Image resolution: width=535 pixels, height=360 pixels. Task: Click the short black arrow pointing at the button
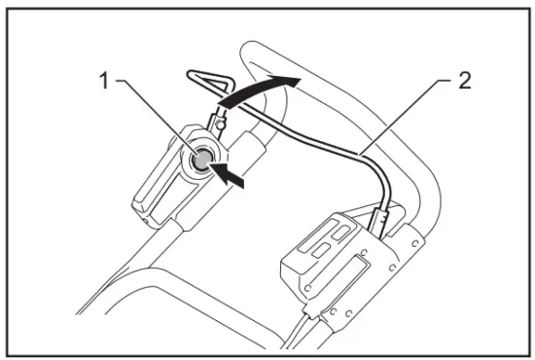(232, 176)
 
